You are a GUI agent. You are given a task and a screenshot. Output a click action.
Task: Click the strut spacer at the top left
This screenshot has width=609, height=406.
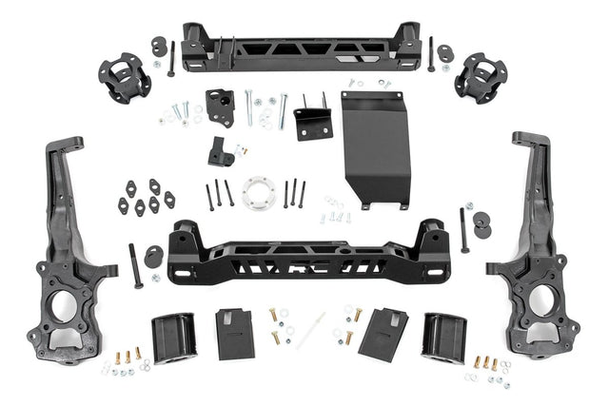point(124,78)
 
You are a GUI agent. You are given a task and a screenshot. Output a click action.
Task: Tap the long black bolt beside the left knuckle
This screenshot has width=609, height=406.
point(135,265)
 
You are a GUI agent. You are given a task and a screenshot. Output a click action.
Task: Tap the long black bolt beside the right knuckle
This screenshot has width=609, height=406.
point(464,229)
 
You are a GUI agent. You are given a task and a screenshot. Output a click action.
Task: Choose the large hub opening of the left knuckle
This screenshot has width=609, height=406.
point(59,307)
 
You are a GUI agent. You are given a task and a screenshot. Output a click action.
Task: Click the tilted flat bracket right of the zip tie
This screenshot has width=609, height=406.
point(383,332)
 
